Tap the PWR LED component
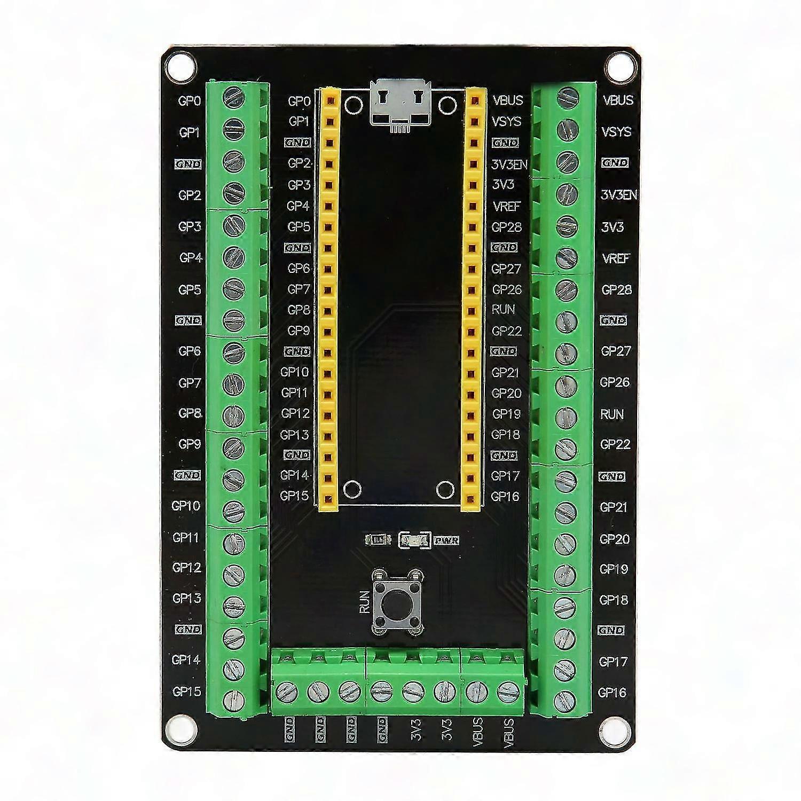414,540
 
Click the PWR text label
446,540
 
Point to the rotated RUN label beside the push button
365,601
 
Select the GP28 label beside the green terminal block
616,290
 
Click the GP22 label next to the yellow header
506,331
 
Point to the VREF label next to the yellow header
506,206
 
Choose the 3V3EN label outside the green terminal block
618,195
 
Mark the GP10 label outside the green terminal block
186,505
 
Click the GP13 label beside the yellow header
295,435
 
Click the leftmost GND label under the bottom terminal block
289,729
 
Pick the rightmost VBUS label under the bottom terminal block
508,732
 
